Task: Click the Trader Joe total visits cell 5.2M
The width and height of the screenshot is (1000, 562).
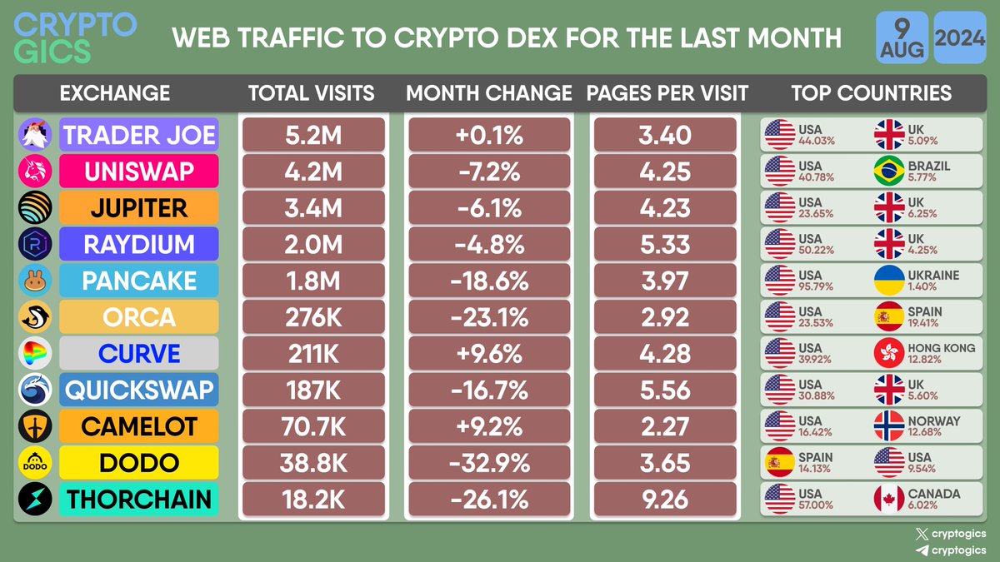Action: coord(313,135)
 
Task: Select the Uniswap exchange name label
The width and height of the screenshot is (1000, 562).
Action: coord(139,172)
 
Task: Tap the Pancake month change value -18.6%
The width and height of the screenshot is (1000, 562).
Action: coord(488,281)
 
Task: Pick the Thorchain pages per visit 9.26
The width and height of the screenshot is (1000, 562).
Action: coord(665,500)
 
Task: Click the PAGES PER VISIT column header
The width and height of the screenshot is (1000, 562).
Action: coord(667,92)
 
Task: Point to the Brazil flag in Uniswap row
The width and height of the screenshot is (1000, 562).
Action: coord(888,172)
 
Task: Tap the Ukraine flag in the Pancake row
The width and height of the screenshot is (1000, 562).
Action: coord(888,281)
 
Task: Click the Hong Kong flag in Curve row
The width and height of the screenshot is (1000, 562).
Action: coord(888,354)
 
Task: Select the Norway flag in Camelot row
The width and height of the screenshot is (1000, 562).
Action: coord(888,427)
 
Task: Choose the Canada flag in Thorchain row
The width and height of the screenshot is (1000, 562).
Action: coord(888,500)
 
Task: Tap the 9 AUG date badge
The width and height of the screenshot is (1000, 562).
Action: coord(901,37)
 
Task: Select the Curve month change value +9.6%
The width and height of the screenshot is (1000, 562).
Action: coord(488,354)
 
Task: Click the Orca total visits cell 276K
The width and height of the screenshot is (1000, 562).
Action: coord(313,317)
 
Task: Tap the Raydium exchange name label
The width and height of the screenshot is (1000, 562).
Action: coord(139,245)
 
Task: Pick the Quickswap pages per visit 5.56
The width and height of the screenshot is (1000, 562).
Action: coord(665,390)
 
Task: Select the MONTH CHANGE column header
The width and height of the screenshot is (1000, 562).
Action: coord(489,92)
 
